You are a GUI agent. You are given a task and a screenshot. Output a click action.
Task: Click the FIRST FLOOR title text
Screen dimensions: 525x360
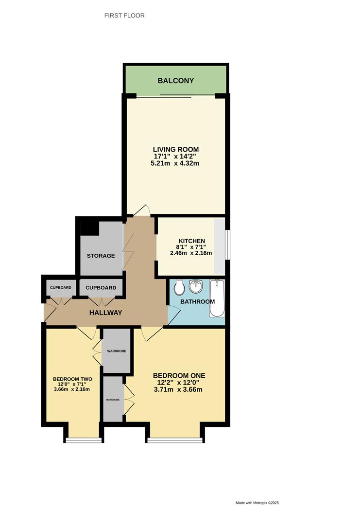tap(124, 16)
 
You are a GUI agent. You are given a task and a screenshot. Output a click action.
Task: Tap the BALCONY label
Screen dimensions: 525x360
tap(175, 80)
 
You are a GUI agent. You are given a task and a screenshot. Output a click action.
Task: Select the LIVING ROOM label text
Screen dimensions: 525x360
tap(175, 149)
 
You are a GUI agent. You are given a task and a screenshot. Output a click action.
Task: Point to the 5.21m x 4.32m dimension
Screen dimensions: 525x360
tap(175, 164)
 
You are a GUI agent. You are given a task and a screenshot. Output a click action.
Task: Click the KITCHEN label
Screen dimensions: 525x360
tap(191, 241)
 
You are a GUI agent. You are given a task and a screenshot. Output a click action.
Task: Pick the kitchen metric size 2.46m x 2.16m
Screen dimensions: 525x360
tap(191, 253)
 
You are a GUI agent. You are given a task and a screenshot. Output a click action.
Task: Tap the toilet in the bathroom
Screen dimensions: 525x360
tap(179, 287)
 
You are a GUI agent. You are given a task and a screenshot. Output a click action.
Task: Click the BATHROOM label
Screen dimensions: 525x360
tap(197, 302)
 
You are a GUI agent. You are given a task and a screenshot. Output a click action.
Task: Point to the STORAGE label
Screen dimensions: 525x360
tap(101, 256)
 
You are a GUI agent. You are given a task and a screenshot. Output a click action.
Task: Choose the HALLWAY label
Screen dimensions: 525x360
tap(105, 313)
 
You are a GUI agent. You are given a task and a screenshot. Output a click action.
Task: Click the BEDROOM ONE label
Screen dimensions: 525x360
tap(179, 376)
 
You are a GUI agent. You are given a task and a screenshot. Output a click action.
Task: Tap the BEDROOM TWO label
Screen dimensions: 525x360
tap(72, 379)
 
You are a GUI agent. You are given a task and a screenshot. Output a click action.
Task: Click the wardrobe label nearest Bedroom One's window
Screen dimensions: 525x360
tap(113, 399)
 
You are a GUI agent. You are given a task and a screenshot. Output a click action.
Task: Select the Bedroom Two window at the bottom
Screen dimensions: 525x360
tap(84, 440)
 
